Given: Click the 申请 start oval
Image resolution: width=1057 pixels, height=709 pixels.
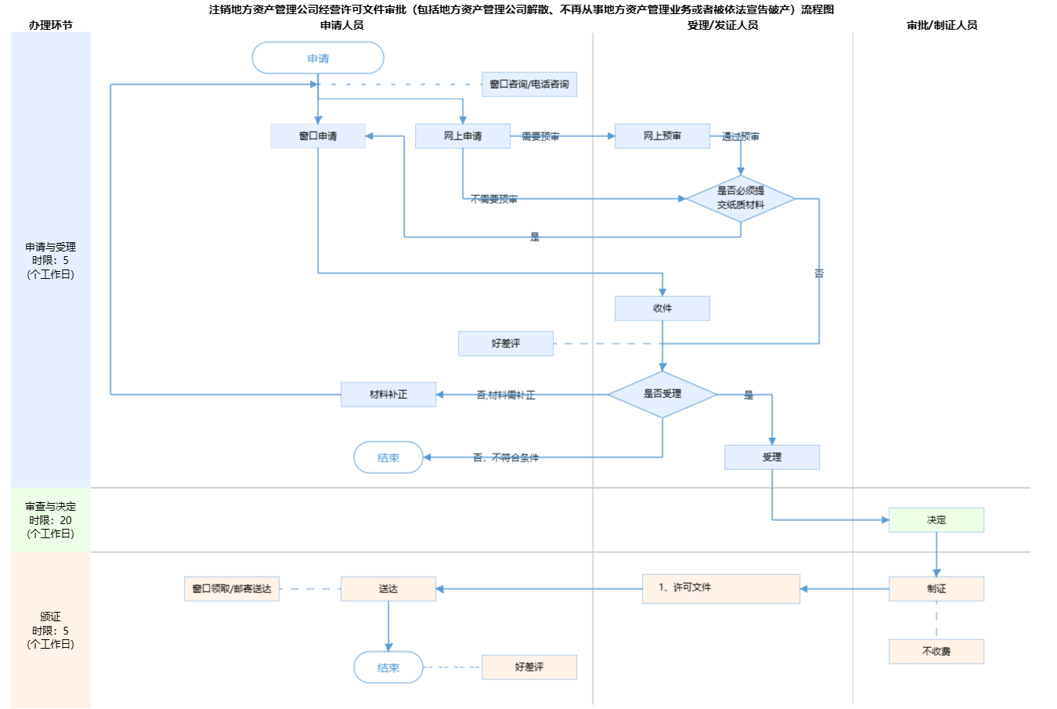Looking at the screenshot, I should point(318,59).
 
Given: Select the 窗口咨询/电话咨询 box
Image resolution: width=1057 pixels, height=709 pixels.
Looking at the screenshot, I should point(529,85).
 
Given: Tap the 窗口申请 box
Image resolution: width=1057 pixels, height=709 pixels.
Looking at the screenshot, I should point(318,136).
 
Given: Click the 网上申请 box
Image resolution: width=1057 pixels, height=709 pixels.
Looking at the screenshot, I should point(463,136).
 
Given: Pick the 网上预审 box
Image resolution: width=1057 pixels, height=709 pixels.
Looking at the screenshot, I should point(662,136).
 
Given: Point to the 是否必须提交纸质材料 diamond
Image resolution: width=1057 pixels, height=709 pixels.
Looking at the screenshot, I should point(741,198).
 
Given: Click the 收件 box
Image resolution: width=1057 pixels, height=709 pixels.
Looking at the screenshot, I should point(662,309).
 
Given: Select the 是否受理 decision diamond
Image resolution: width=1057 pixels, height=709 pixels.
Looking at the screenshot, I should point(662,394).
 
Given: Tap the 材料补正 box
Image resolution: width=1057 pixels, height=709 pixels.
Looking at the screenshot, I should point(388,395).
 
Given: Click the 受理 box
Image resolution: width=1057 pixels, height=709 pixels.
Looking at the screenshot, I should point(772,458).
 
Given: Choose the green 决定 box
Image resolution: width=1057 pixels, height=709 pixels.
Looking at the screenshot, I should point(936,520).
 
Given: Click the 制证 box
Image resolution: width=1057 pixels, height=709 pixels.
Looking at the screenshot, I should point(936,589).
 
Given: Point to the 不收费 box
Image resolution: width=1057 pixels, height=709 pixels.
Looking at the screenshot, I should point(936,652).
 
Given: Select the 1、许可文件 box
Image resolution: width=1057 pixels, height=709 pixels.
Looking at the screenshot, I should point(721,588).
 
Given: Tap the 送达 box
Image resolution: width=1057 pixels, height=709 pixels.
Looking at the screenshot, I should point(388,589).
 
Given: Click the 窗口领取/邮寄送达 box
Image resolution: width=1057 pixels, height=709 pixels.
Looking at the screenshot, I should point(232,589).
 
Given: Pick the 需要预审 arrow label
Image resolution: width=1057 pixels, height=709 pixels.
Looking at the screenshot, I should point(540,137).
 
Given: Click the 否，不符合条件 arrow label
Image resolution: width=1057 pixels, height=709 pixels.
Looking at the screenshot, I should point(506,458).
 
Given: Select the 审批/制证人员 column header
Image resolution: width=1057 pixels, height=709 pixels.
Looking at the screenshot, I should point(942,25).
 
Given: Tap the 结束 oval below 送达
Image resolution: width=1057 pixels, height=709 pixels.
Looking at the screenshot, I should point(388,668).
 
